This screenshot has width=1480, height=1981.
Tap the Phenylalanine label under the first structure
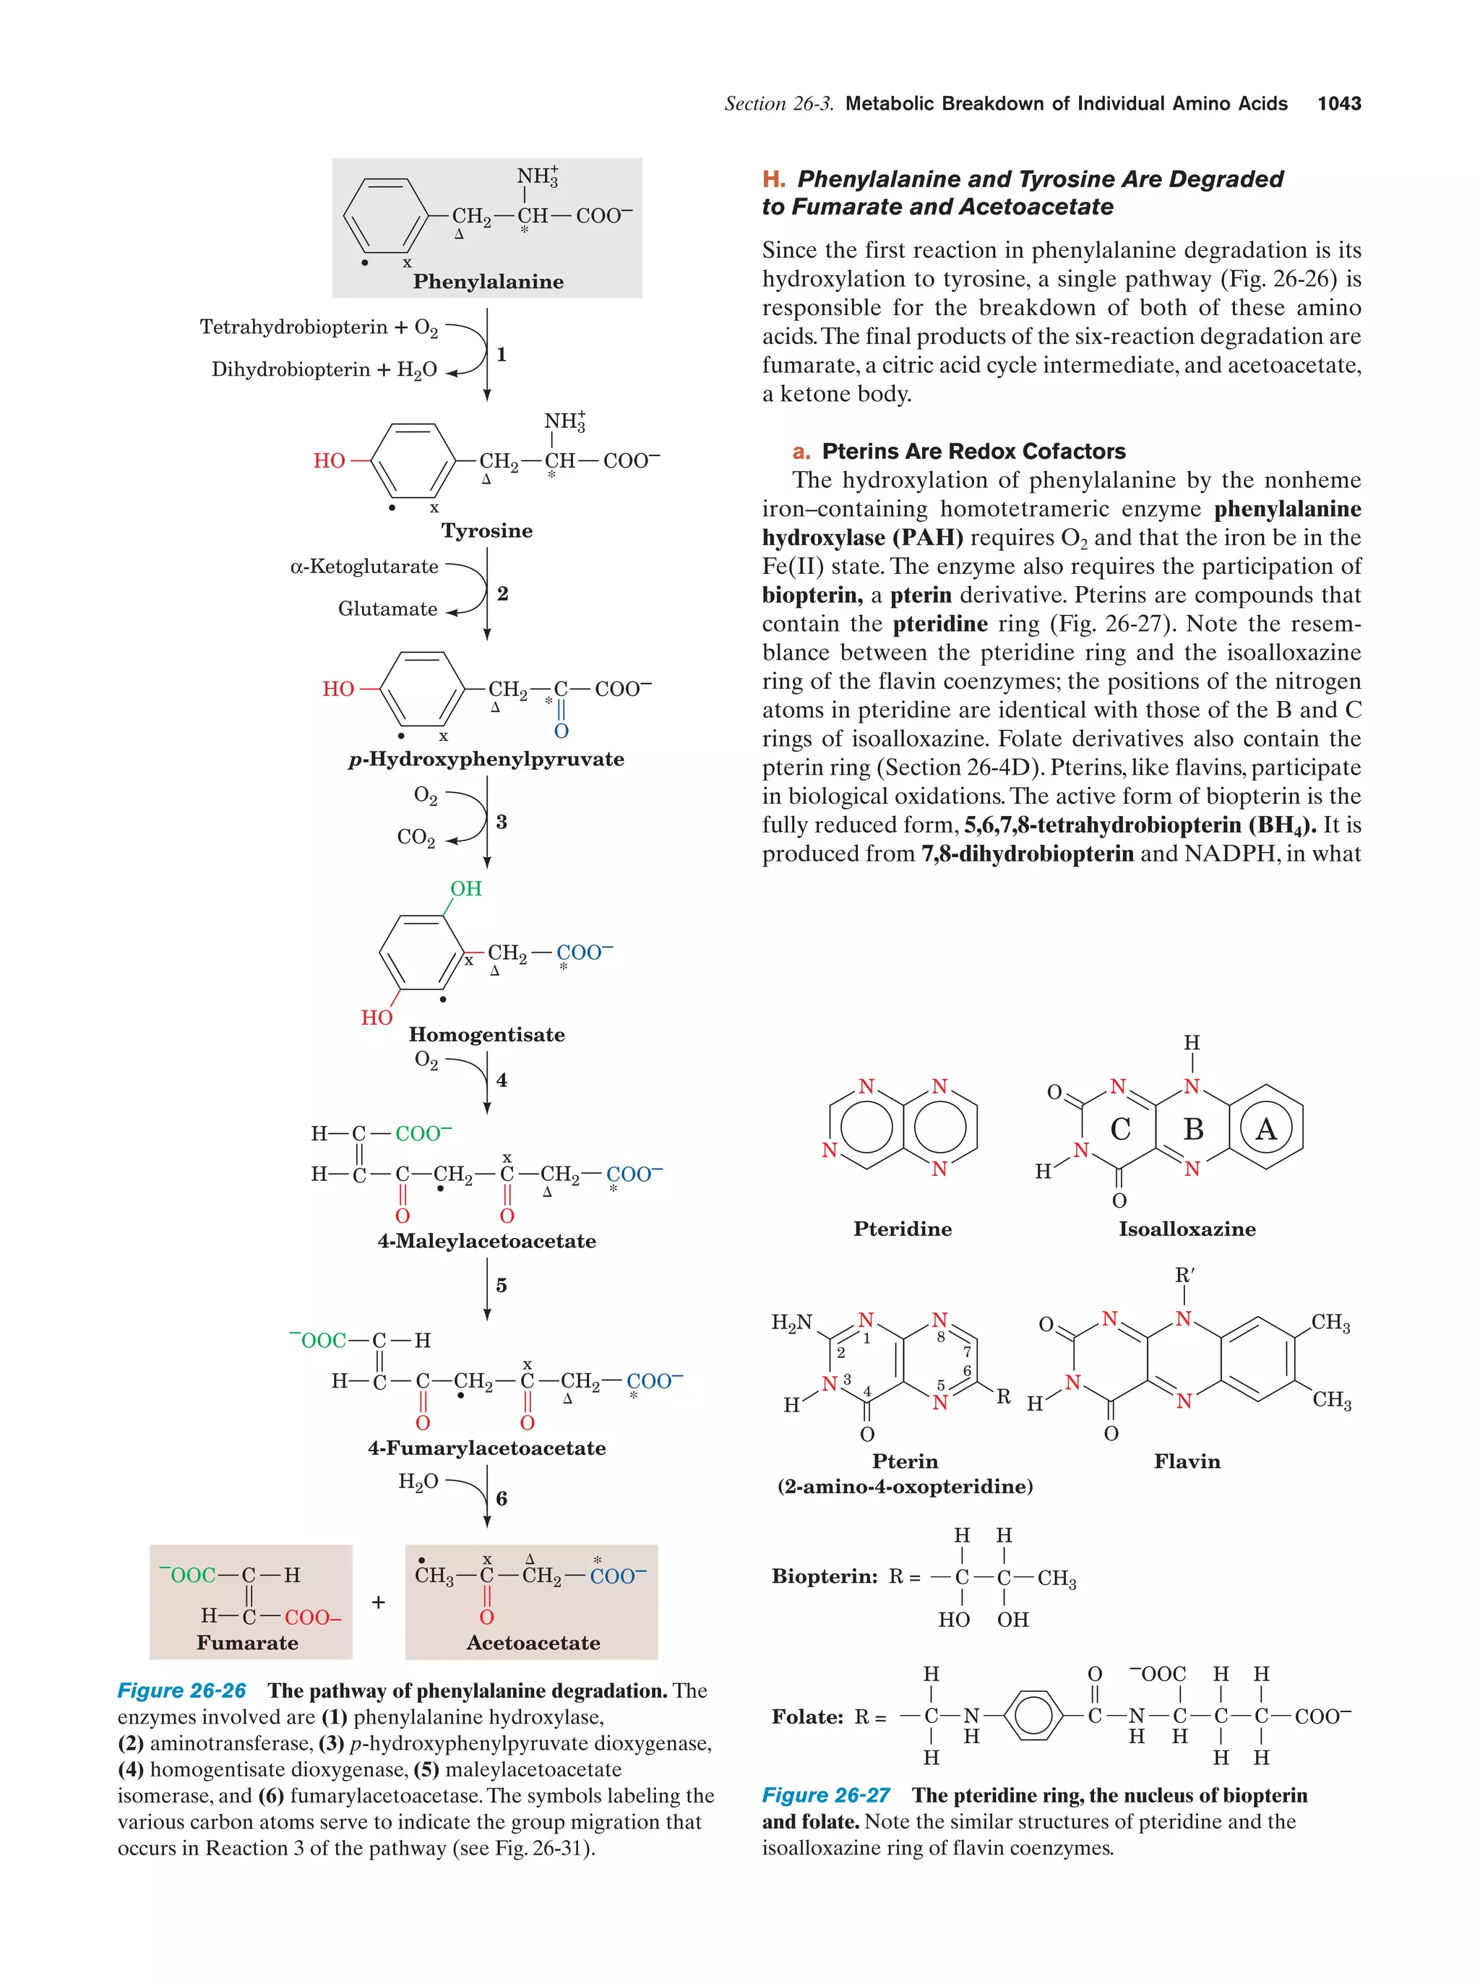488,282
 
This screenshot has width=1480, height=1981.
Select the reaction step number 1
502,355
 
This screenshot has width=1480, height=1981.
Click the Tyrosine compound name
486,531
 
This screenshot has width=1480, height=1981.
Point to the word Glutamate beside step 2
387,609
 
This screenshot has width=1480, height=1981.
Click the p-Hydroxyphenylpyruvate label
486,760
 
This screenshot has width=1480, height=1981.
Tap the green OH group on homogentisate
465,888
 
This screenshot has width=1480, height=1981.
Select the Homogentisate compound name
486,1035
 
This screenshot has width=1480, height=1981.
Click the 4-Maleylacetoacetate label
486,1241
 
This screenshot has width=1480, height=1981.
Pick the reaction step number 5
502,1285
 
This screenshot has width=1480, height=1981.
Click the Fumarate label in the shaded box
247,1643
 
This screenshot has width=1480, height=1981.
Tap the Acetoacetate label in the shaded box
533,1643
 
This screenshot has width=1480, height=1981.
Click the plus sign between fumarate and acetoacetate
379,1602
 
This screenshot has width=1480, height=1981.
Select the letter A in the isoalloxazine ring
1265,1130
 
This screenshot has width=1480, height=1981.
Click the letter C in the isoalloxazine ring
1120,1130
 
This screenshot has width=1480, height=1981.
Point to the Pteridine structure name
902,1229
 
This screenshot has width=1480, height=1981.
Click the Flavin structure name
1187,1461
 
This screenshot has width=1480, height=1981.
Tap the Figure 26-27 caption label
825,1795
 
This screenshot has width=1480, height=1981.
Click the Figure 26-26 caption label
182,1691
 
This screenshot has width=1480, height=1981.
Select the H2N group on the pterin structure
791,1322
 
